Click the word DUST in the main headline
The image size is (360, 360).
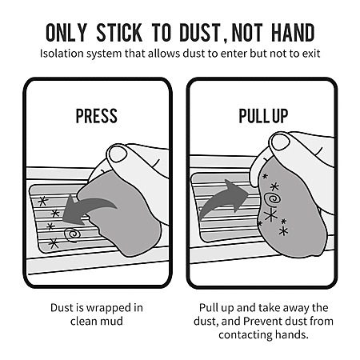pyautogui.click(x=200, y=33)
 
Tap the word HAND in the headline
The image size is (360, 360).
pyautogui.click(x=293, y=33)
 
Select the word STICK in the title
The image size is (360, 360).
pyautogui.click(x=119, y=33)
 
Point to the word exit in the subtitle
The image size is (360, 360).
pyautogui.click(x=311, y=54)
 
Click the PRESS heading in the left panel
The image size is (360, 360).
pyautogui.click(x=97, y=116)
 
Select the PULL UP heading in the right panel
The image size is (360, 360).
pyautogui.click(x=263, y=116)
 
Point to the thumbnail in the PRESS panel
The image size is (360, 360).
pyautogui.click(x=118, y=154)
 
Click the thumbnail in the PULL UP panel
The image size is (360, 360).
pyautogui.click(x=281, y=142)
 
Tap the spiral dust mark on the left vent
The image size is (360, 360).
pyautogui.click(x=72, y=234)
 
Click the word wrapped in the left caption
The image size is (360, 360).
pyautogui.click(x=110, y=308)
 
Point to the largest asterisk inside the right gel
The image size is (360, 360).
pyautogui.click(x=270, y=215)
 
